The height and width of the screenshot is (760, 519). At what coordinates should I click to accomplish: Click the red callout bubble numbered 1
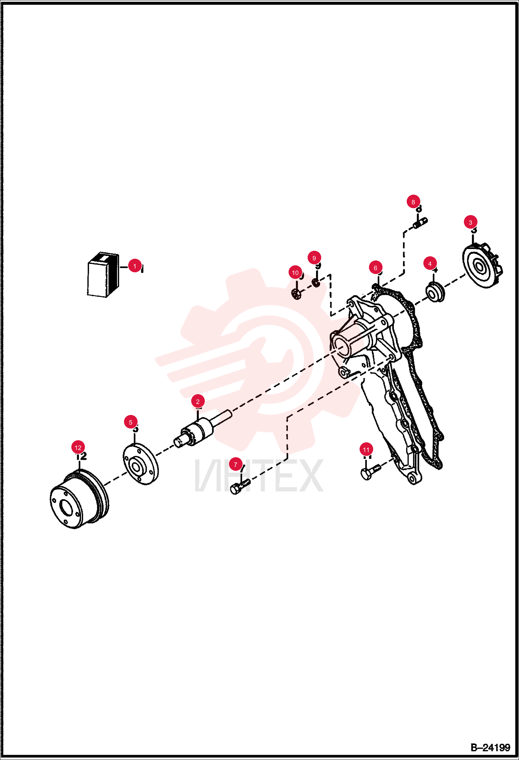pos(135,266)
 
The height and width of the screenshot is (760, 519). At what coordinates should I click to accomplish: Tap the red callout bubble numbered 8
pos(413,202)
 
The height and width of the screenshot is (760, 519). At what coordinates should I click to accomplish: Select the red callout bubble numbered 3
pos(470,222)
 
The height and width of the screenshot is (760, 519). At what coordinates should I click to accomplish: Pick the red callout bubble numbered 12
pos(78,448)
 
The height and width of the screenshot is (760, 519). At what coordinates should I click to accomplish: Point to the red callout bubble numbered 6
pos(375,268)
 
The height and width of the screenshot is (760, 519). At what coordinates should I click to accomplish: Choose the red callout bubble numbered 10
pos(295,273)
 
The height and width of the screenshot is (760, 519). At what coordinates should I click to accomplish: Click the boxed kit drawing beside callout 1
pos(103,275)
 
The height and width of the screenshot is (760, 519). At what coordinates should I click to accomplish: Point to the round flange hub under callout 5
pos(141,464)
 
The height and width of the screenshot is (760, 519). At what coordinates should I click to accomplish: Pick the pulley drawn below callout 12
pos(79,498)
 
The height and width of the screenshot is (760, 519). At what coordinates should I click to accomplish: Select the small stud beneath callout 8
pos(420,223)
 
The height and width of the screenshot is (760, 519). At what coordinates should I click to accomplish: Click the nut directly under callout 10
pos(296,294)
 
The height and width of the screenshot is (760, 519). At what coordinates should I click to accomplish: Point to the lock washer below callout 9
pos(316,283)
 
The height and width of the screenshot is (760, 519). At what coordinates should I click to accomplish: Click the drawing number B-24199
pos(490,748)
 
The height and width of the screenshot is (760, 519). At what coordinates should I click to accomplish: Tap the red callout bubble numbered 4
pos(430,264)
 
